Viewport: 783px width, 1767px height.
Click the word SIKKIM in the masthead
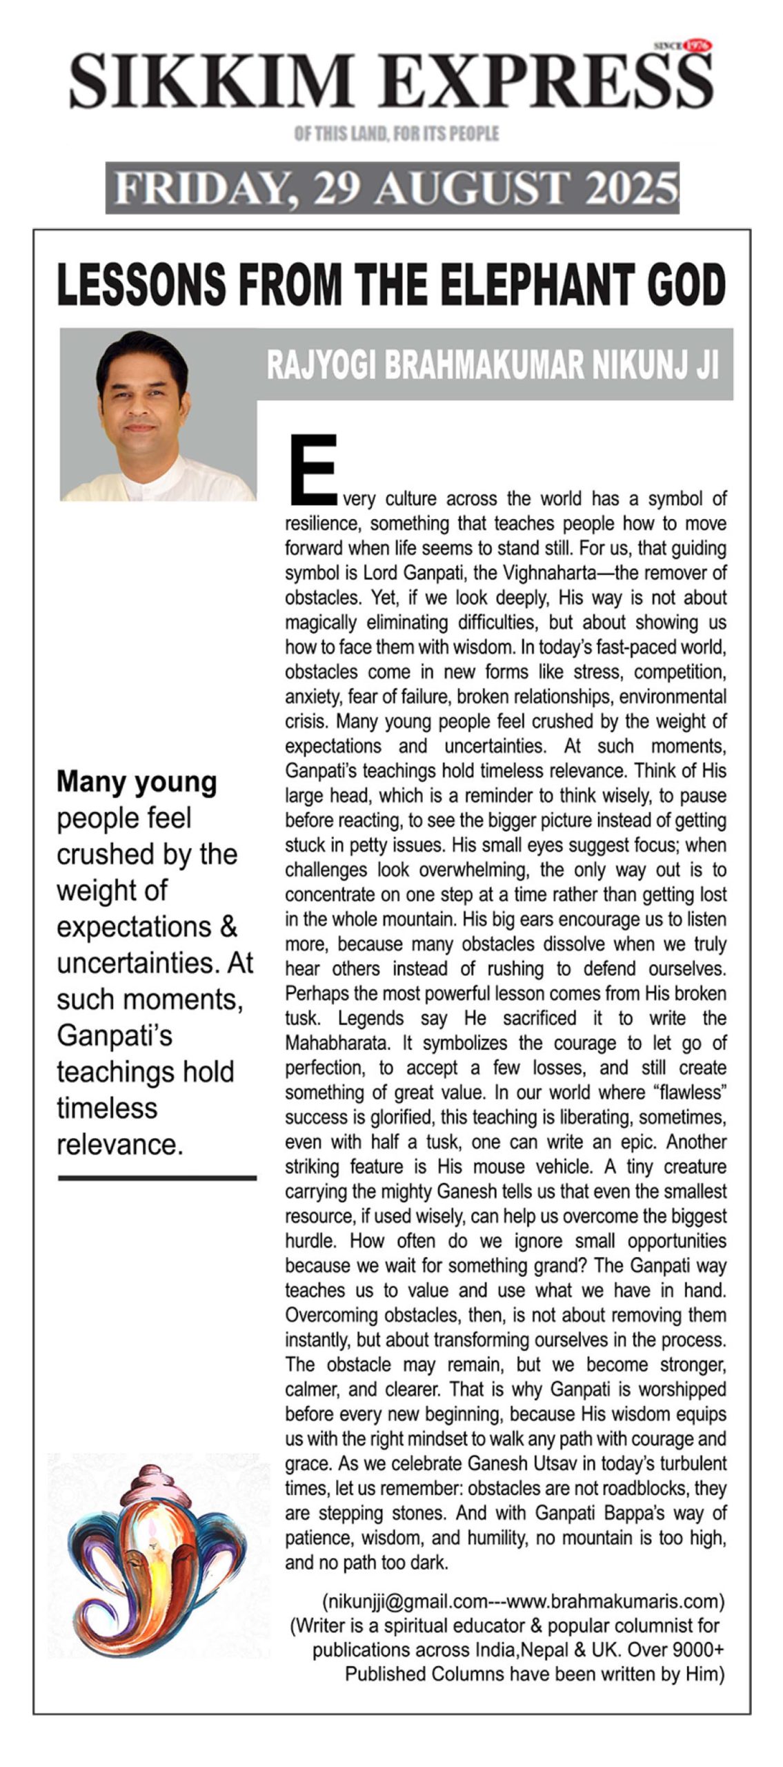click(210, 81)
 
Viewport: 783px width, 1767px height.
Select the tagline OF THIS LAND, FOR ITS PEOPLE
click(396, 133)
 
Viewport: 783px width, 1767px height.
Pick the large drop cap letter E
click(313, 469)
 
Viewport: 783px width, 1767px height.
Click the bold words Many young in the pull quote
click(137, 781)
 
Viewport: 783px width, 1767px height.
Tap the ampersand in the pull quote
click(228, 926)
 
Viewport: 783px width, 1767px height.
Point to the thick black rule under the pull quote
click(157, 1178)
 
